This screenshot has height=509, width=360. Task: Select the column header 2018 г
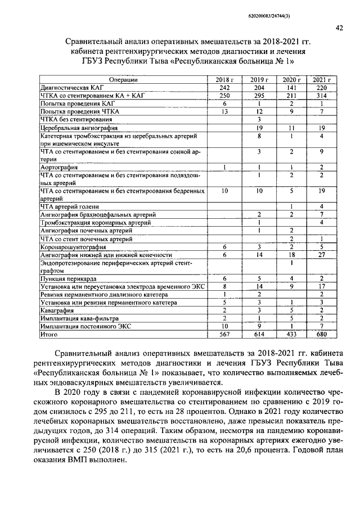[x=224, y=80]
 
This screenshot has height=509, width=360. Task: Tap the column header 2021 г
[x=321, y=80]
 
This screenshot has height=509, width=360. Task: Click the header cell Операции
[x=123, y=80]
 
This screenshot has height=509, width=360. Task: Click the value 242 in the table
[x=224, y=88]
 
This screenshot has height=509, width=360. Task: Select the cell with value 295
[x=259, y=96]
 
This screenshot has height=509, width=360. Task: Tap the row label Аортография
[x=55, y=167]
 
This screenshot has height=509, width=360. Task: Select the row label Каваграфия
[x=55, y=310]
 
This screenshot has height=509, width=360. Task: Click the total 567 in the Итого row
[x=224, y=334]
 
